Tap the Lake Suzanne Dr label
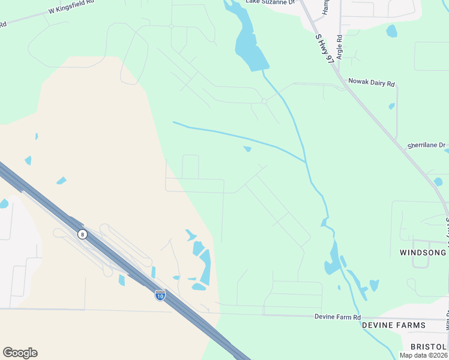(x=271, y=2)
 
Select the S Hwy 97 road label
(x=325, y=49)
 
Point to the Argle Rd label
(x=340, y=46)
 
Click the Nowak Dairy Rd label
(x=372, y=83)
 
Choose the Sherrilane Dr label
(x=427, y=145)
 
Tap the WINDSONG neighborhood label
(x=423, y=253)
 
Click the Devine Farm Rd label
(x=338, y=316)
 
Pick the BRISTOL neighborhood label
(x=429, y=347)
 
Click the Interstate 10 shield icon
(x=160, y=295)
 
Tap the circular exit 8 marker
(x=82, y=234)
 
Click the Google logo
(x=20, y=353)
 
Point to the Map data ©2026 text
(x=423, y=355)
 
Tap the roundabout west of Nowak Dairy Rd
(x=264, y=101)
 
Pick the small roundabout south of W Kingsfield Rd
(x=171, y=26)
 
